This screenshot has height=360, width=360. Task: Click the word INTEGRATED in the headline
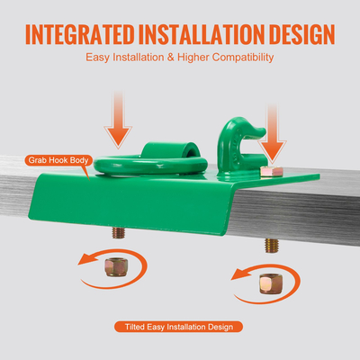(80, 34)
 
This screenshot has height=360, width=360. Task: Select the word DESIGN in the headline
(301, 34)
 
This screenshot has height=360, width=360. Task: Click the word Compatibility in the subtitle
(243, 58)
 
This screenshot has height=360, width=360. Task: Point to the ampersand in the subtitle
(171, 57)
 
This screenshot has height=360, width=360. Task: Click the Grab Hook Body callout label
(58, 160)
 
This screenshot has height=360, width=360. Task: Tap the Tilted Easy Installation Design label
(179, 327)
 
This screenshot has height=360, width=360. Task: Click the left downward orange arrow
(118, 120)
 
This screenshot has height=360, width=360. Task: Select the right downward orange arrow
(273, 133)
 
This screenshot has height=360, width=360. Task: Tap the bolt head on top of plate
(272, 171)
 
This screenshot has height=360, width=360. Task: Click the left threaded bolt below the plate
(119, 233)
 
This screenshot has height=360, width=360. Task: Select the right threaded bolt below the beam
(272, 246)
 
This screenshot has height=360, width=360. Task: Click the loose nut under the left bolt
(116, 267)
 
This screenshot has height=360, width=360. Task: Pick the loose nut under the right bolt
(271, 283)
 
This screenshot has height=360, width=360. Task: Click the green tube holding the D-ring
(170, 150)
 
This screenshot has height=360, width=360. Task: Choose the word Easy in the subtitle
(97, 58)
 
